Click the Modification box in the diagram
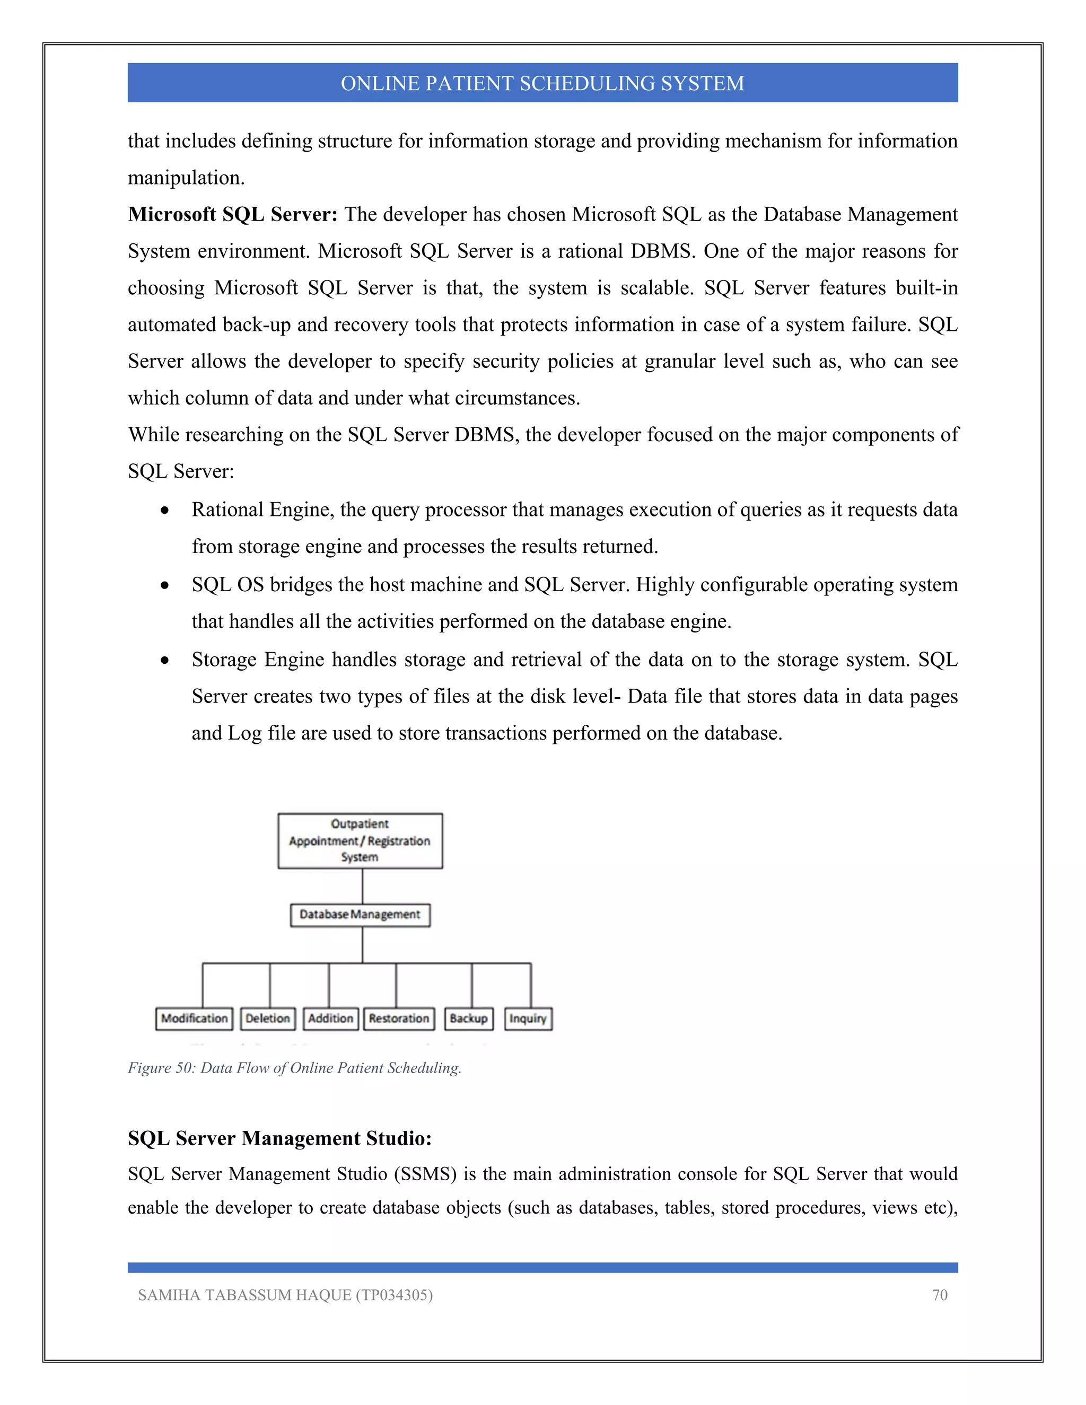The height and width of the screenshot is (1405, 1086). [194, 1018]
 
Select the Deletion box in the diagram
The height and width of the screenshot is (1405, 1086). [268, 1018]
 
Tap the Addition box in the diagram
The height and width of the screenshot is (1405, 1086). [330, 1018]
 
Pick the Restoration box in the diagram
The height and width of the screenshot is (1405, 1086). [399, 1018]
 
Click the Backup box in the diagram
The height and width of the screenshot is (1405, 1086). [468, 1018]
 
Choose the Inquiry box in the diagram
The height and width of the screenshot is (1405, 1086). [528, 1018]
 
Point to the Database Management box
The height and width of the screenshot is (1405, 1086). [360, 915]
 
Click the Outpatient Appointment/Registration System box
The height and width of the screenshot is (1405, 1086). [360, 841]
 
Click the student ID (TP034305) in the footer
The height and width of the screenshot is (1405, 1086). [394, 1295]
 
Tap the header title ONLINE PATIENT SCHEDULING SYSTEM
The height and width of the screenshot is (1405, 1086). [542, 83]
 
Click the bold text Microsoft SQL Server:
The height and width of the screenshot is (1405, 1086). [232, 214]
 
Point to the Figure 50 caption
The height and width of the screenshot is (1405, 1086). [294, 1068]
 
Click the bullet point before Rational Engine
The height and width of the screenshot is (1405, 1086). [165, 511]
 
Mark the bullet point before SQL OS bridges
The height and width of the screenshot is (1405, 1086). [165, 585]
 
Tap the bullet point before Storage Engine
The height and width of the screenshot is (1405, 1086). [165, 661]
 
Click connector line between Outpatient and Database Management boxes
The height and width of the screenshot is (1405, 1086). [362, 886]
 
